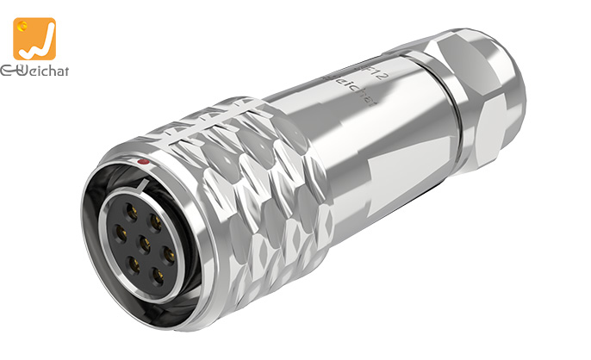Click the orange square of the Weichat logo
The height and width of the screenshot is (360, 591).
[x=34, y=39]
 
